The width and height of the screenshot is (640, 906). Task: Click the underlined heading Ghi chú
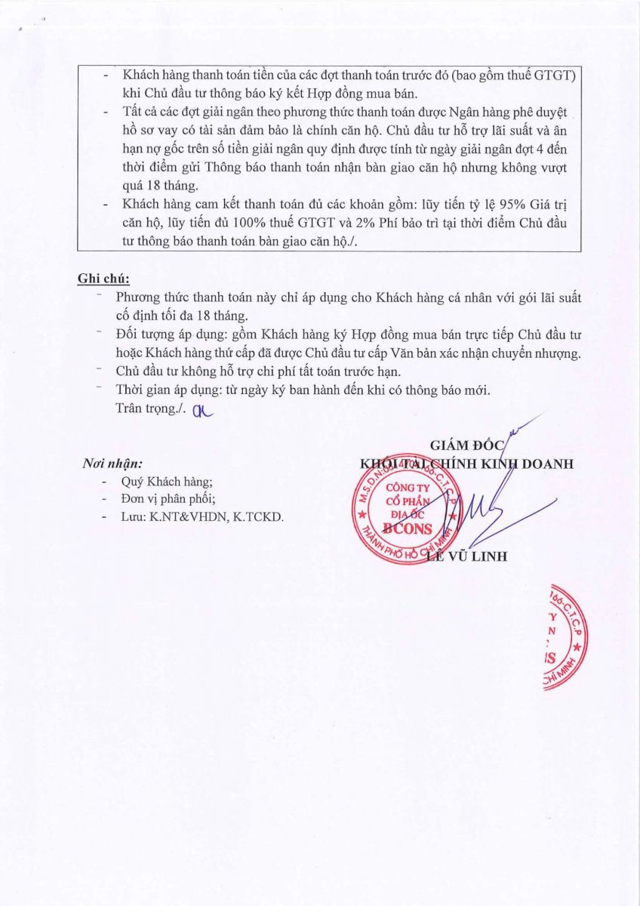[103, 279]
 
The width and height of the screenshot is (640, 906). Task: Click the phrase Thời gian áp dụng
[162, 391]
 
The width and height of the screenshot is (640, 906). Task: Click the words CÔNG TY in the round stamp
[406, 488]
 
